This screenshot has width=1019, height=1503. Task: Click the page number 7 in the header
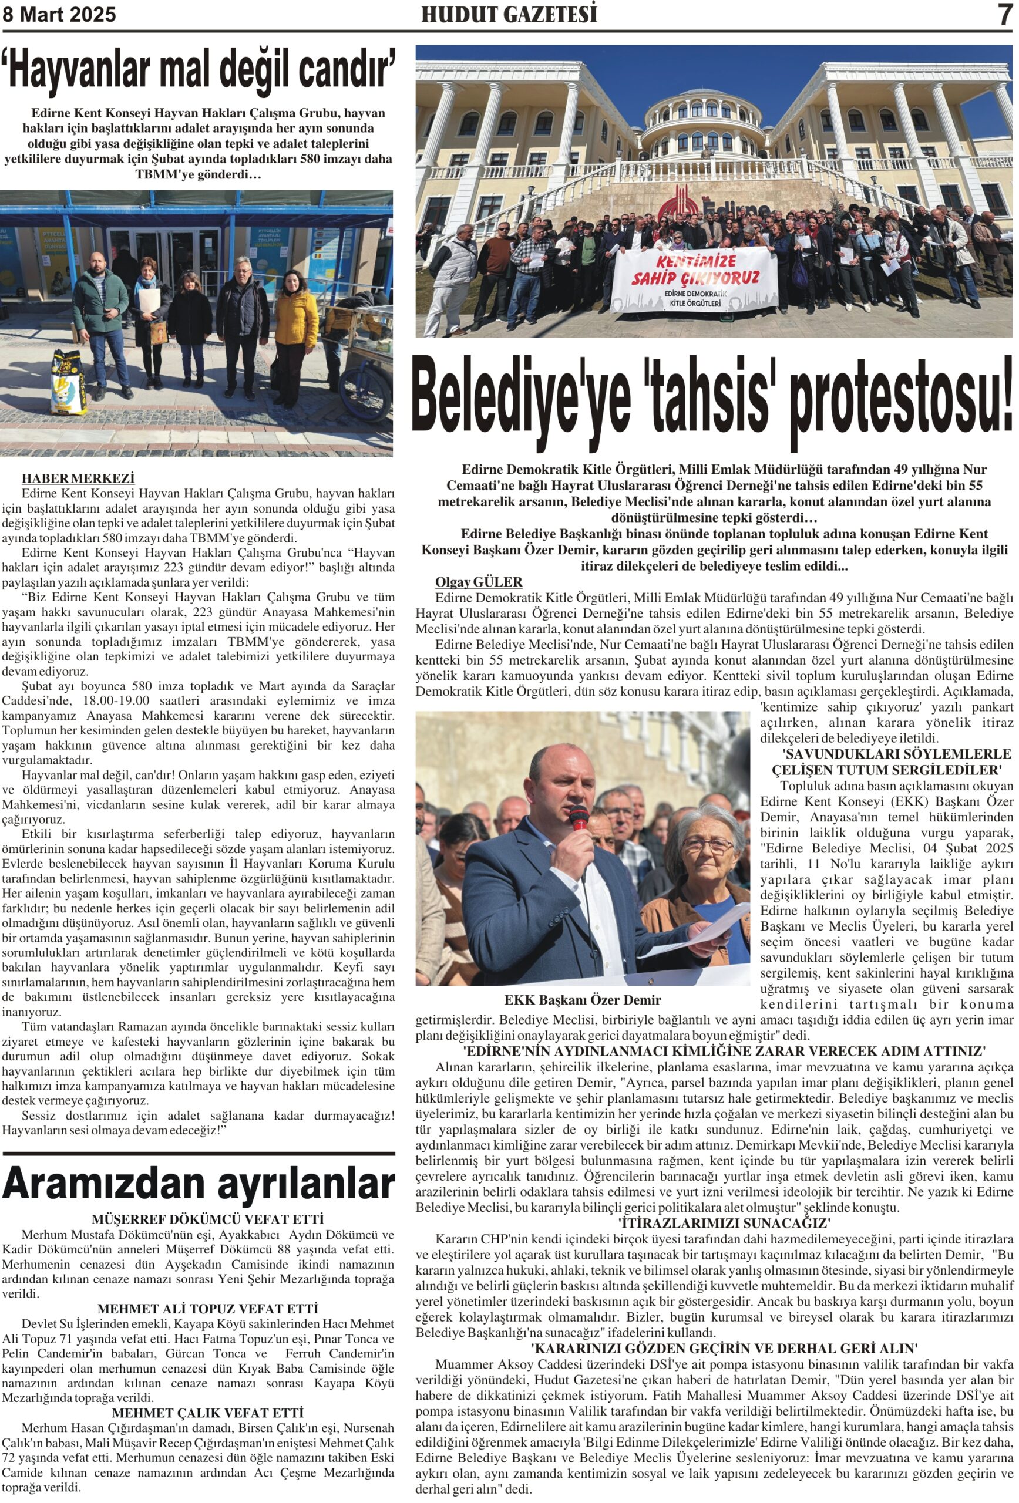(1004, 14)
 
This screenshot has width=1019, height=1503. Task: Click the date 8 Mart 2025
(59, 14)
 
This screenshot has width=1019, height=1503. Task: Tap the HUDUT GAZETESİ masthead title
(509, 14)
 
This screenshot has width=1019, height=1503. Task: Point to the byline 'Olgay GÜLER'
(478, 581)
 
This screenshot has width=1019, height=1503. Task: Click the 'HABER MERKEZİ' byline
(78, 478)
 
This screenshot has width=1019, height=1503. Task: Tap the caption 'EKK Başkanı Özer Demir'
(582, 1000)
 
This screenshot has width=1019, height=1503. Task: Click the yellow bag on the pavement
(69, 382)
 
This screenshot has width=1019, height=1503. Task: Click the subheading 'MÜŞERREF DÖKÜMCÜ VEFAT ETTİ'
(207, 1219)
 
